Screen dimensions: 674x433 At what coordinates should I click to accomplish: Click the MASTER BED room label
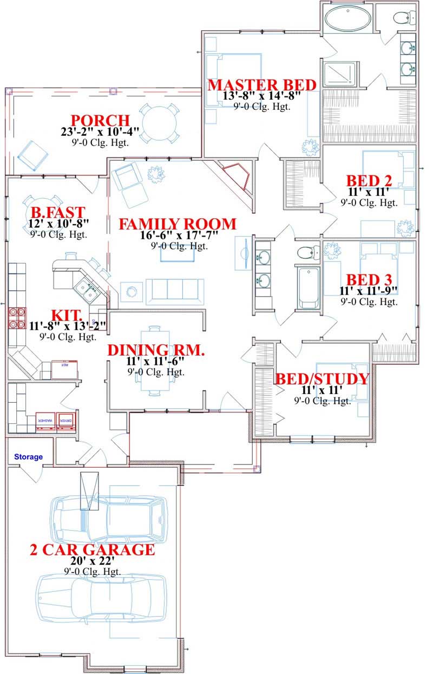pos(262,85)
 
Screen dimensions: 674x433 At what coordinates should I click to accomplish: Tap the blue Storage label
pos(28,457)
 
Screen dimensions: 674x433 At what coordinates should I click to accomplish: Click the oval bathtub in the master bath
pos(348,19)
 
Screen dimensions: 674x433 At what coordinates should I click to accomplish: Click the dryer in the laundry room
pos(66,420)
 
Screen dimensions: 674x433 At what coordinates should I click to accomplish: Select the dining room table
pos(155,361)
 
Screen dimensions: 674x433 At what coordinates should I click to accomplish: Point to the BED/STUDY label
pos(322,378)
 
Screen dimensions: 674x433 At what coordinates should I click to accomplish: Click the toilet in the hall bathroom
pos(308,252)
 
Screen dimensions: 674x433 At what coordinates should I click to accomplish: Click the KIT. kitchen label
pos(67,315)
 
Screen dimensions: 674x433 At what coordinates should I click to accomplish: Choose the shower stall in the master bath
pos(340,74)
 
